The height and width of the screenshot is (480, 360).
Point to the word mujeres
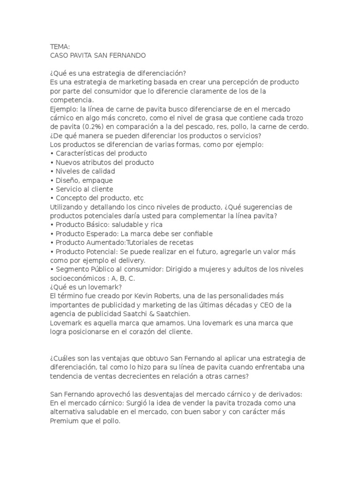point(201,269)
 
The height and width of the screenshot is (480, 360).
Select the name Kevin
point(141,296)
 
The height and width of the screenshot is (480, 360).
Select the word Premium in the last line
point(64,420)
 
